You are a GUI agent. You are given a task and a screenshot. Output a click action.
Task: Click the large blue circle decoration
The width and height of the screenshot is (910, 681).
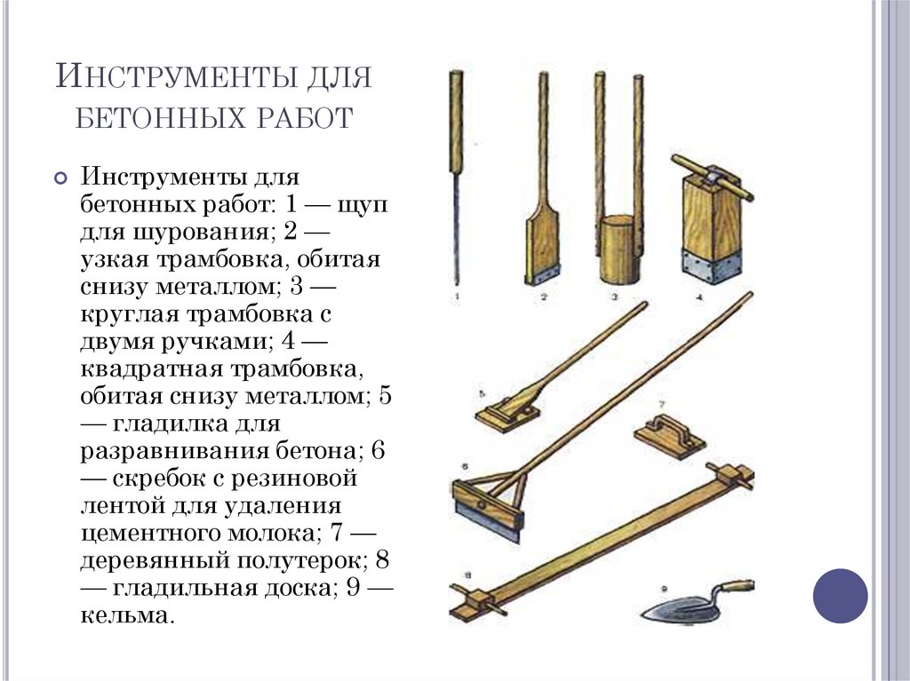840,596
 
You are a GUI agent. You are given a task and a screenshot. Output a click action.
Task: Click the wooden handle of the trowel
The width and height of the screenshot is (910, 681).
737,586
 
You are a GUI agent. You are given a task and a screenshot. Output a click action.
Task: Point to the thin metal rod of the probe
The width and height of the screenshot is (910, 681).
457,226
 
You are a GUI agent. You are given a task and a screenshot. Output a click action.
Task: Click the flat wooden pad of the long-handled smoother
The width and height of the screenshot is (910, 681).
507,416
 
